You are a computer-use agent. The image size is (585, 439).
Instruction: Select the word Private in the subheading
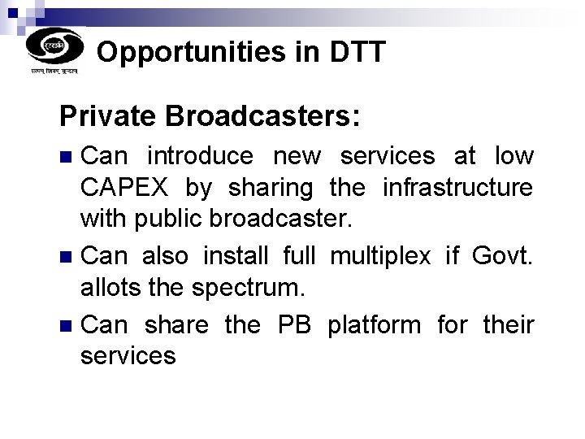(108, 116)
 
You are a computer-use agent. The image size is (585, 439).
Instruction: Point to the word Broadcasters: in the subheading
(262, 116)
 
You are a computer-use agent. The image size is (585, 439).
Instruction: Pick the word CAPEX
(125, 188)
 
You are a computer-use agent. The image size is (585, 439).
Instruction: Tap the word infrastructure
(457, 188)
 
